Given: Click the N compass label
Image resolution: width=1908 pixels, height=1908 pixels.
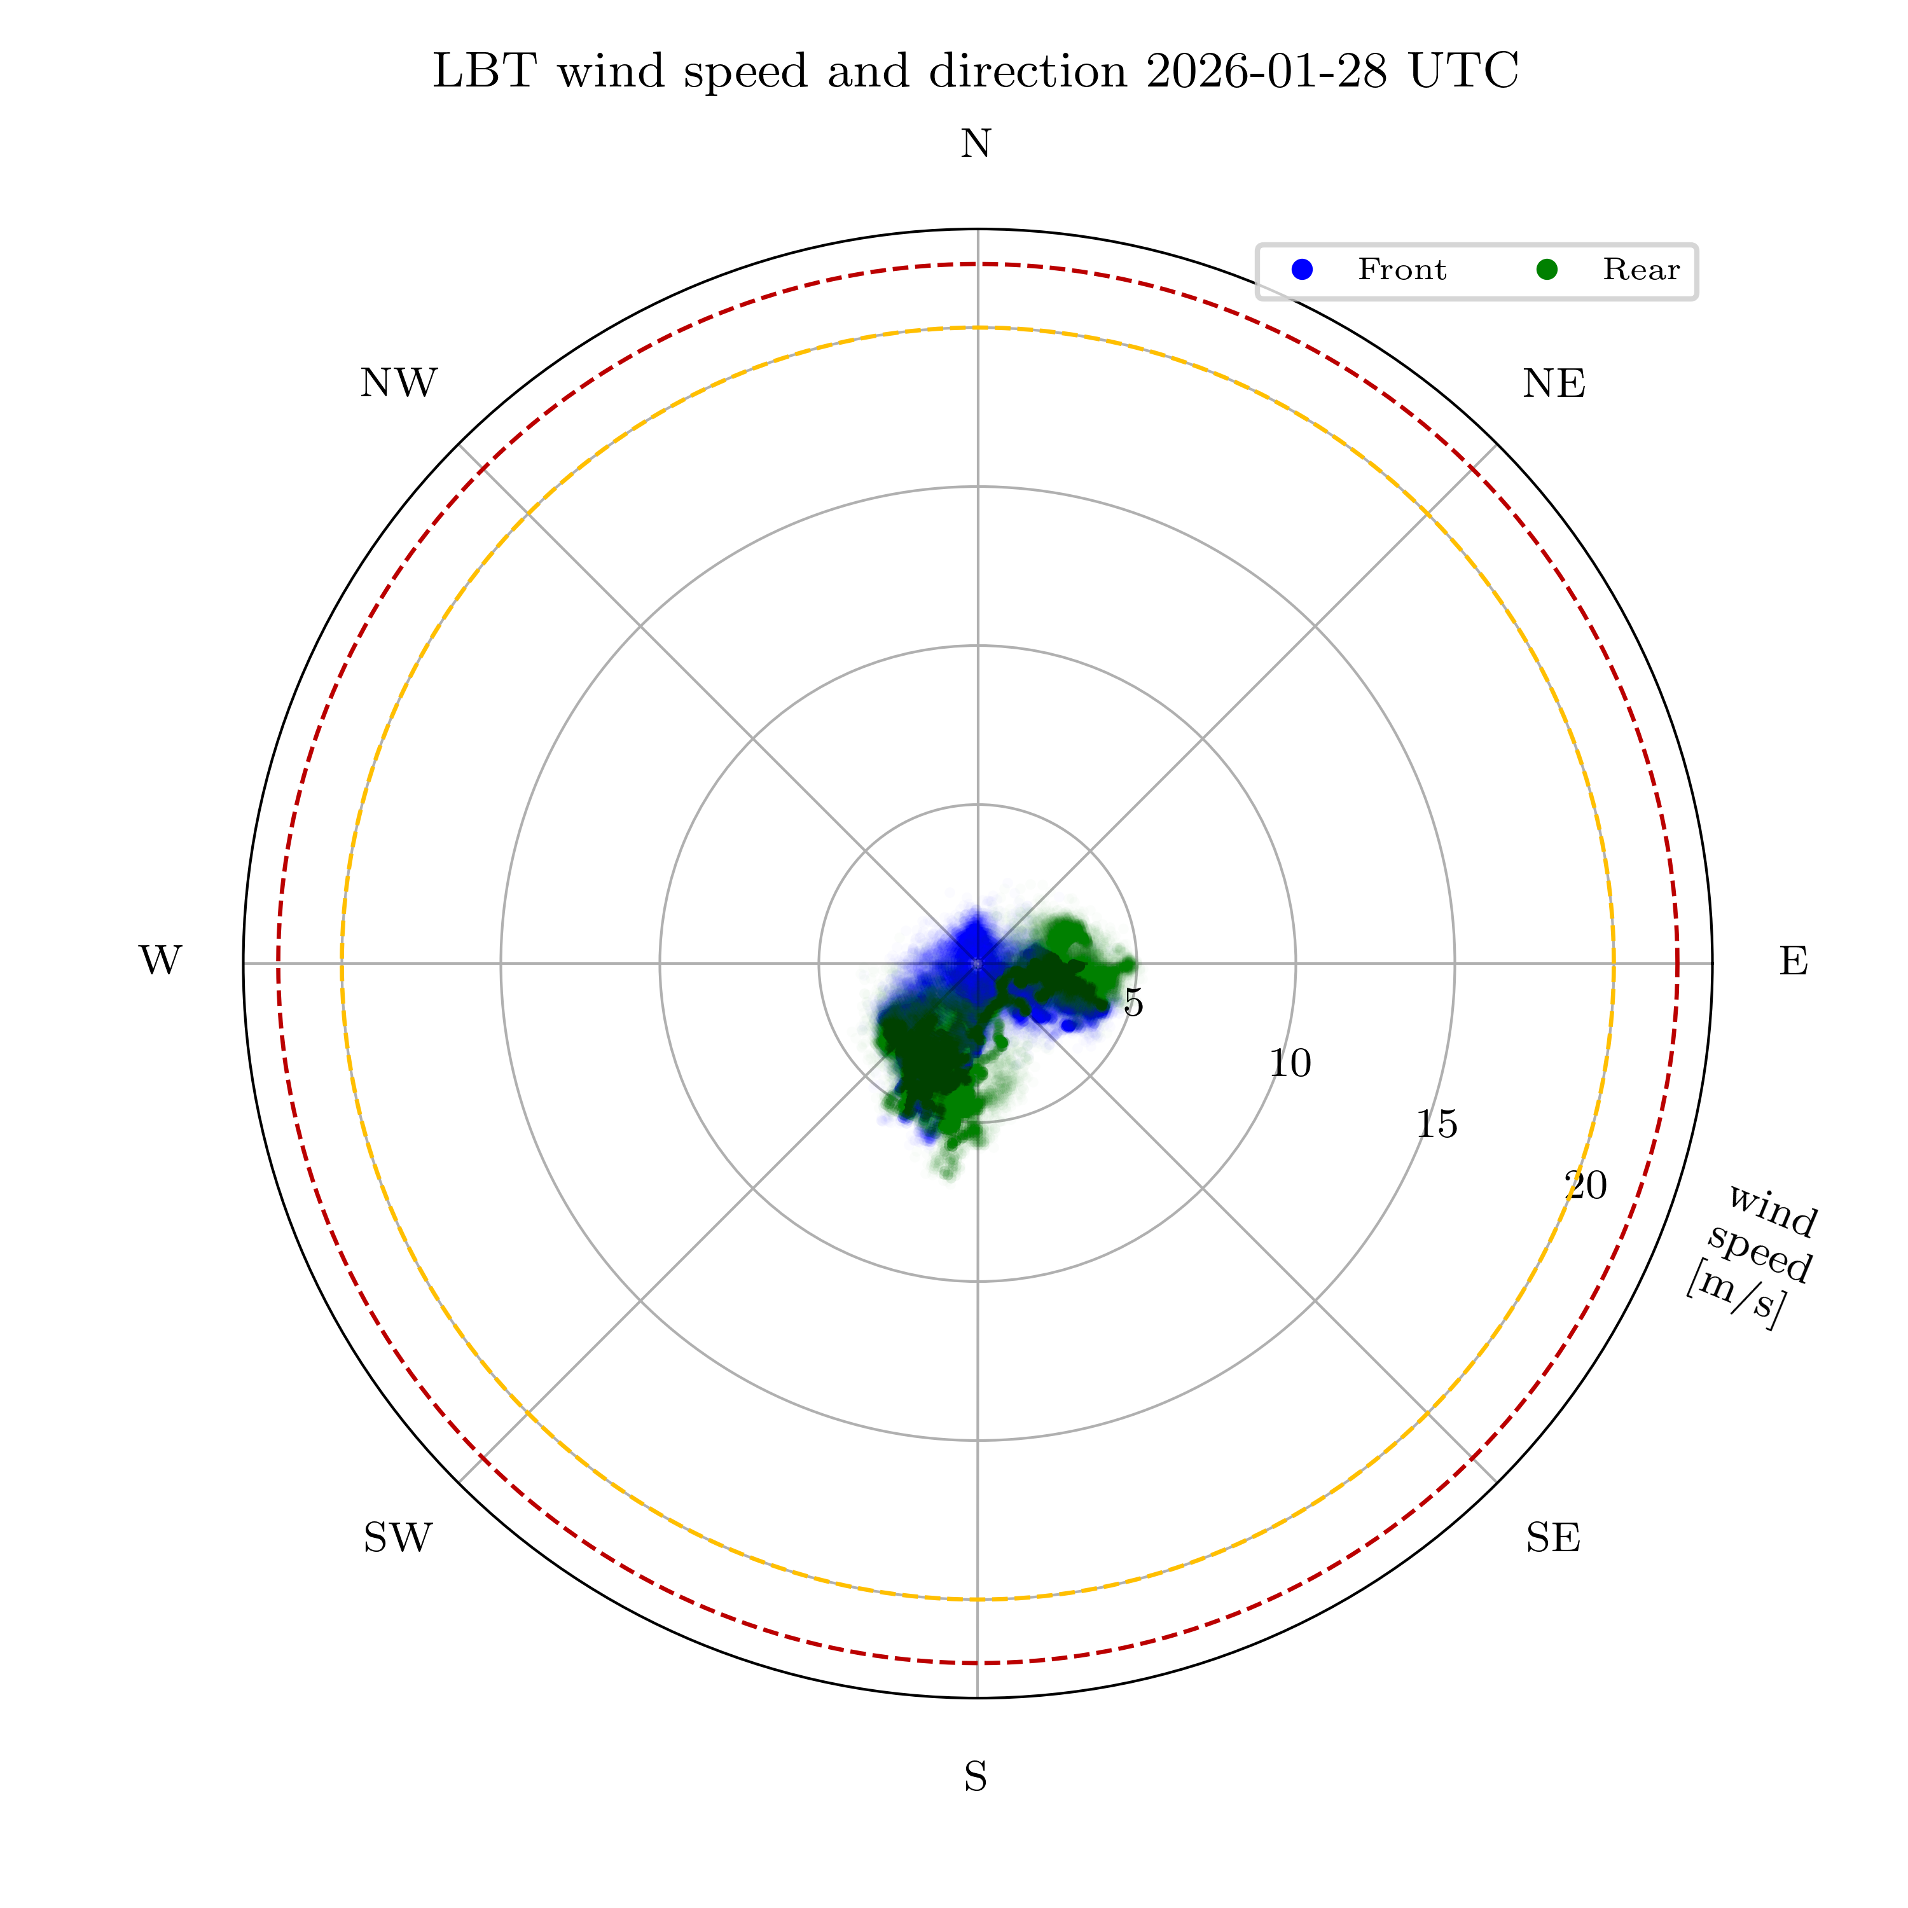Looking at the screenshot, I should point(976,145).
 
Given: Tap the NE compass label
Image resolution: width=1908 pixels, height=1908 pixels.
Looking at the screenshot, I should point(1554,384).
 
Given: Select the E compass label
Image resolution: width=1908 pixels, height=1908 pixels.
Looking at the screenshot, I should point(1794,961).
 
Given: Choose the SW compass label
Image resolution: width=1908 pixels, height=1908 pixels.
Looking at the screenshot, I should point(398,1538).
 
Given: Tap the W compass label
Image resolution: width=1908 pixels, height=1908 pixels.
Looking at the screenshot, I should point(160,961).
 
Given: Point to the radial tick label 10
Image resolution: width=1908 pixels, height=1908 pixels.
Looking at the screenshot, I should point(1290,1063).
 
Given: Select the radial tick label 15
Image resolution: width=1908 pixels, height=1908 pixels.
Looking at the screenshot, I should point(1436,1124).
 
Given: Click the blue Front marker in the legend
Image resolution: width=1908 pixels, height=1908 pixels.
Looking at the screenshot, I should point(1303,270).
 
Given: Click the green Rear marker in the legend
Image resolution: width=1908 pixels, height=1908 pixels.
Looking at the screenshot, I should point(1547,270).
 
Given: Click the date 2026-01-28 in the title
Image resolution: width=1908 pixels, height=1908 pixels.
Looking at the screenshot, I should point(1267,72).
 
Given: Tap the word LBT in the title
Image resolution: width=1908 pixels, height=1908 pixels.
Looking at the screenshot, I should point(485,72).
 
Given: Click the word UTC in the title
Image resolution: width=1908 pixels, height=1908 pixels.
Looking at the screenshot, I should point(1463,72).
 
